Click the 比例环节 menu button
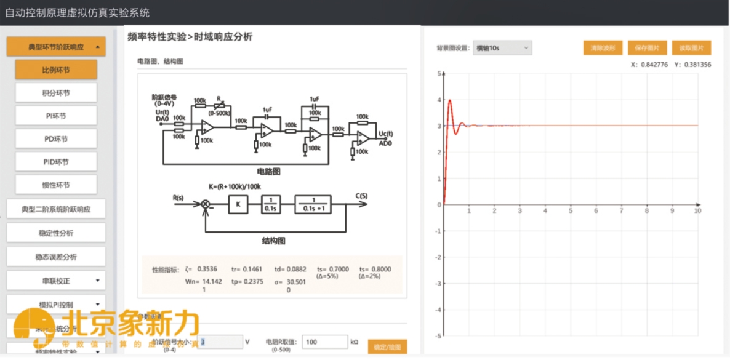click(56, 70)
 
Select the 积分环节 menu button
click(56, 93)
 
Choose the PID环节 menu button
click(56, 161)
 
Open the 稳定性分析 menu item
click(56, 233)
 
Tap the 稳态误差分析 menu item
click(56, 256)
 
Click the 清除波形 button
click(603, 48)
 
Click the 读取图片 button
click(691, 48)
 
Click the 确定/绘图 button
click(387, 347)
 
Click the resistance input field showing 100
click(325, 342)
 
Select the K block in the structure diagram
click(238, 204)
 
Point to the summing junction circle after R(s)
click(207, 204)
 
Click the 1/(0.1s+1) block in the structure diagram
click(316, 204)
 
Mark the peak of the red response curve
click(450, 100)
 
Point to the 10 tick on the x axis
click(697, 211)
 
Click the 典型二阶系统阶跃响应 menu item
click(56, 209)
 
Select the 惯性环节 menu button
click(56, 185)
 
